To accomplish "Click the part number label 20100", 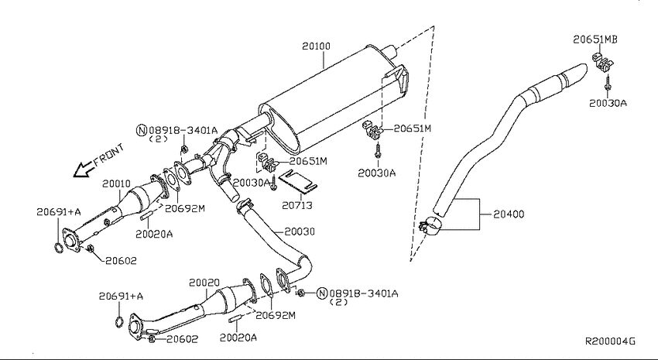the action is pyautogui.click(x=316, y=46).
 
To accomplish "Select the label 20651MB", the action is pyautogui.click(x=595, y=39).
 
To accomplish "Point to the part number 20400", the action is pyautogui.click(x=509, y=214).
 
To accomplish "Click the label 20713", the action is pyautogui.click(x=297, y=206).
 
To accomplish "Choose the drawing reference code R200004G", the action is pyautogui.click(x=610, y=341).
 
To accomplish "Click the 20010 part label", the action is pyautogui.click(x=116, y=183).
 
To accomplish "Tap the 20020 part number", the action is pyautogui.click(x=204, y=283).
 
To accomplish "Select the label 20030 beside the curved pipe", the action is pyautogui.click(x=300, y=231).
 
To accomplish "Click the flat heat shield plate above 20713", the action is pyautogui.click(x=297, y=180).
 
